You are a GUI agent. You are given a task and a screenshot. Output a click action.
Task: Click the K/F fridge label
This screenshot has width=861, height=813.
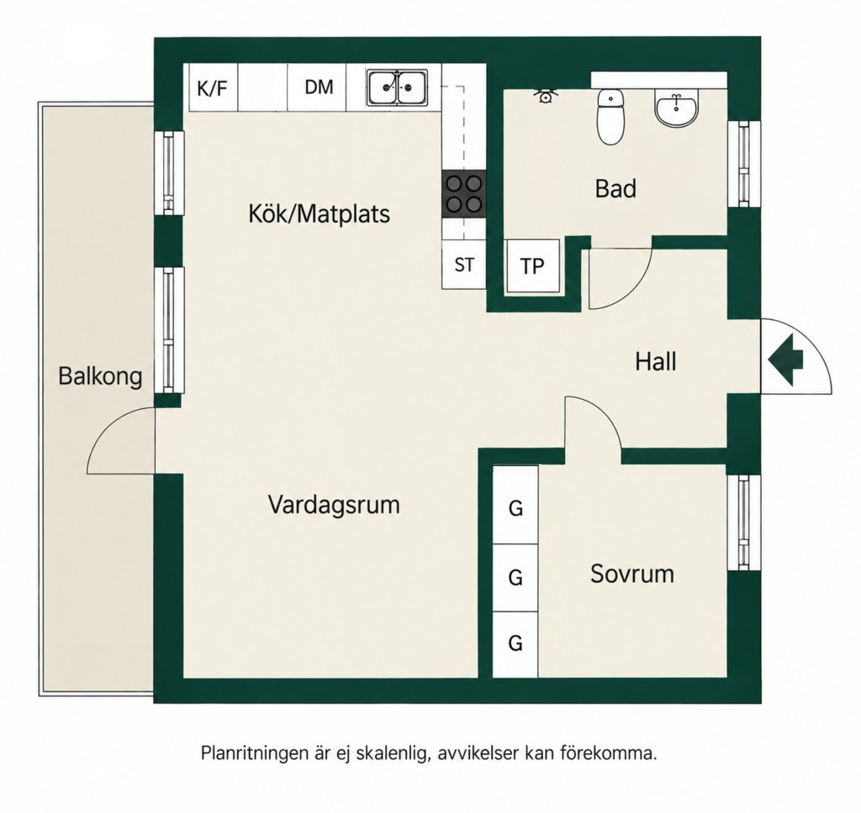point(212,88)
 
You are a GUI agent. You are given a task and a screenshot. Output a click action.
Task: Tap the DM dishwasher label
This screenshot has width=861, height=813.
point(319,87)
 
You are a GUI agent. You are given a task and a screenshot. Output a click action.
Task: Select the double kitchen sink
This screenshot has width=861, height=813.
point(398,87)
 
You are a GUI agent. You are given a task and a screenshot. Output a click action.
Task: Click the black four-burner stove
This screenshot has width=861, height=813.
point(464,194)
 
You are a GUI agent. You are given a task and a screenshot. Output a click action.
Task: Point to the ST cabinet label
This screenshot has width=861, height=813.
point(464,265)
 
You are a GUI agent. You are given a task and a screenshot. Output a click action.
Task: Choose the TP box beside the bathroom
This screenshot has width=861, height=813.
point(532,266)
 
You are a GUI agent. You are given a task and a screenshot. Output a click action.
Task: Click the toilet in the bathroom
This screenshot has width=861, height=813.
point(611,116)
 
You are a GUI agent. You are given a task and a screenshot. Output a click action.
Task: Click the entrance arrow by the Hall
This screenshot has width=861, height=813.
point(786,359)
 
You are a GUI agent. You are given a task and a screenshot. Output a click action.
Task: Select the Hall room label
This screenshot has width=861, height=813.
point(656,362)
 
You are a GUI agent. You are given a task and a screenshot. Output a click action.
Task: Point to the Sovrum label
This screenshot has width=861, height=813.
point(632,574)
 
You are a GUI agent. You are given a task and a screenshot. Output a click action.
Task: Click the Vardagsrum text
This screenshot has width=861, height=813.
point(334,504)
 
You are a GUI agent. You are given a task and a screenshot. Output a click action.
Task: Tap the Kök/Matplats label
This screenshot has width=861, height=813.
point(319,212)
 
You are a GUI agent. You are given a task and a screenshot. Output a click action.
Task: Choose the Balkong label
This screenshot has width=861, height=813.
point(100,377)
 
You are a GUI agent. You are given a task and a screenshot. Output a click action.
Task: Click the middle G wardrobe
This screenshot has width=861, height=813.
point(515,578)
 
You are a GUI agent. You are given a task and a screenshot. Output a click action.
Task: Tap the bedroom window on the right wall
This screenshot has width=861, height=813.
point(743,522)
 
